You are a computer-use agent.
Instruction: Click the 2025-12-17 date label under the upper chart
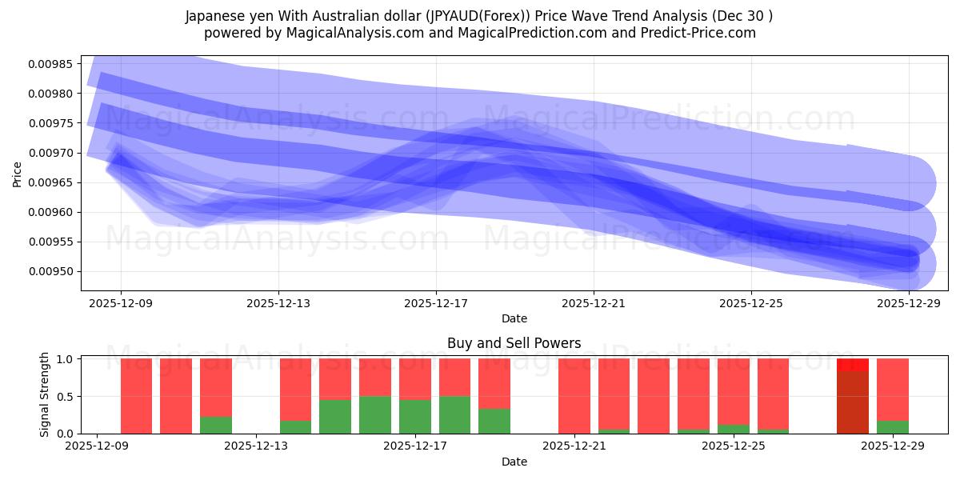[435, 303]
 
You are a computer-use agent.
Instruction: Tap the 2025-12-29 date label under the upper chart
[909, 303]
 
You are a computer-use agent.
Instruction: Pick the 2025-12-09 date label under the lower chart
[97, 446]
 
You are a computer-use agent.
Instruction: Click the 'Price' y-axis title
[18, 173]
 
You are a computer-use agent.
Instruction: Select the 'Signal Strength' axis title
[45, 394]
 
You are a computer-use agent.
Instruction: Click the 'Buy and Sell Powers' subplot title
[514, 343]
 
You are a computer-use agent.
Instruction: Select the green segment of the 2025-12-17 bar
[415, 416]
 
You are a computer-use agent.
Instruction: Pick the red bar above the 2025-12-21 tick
[574, 396]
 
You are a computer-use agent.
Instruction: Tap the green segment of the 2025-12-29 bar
[893, 427]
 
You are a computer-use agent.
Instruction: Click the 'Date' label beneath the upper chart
[514, 318]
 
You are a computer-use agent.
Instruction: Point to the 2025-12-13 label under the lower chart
[254, 446]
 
